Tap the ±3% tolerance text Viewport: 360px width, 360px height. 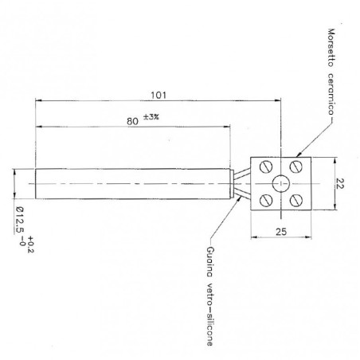[151, 117]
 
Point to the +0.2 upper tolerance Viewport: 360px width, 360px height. [30, 245]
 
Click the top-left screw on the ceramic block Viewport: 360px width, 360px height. [262, 166]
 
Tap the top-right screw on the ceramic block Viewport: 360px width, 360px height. [295, 166]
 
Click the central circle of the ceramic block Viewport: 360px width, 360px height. [279, 183]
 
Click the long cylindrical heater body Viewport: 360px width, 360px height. [131, 183]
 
